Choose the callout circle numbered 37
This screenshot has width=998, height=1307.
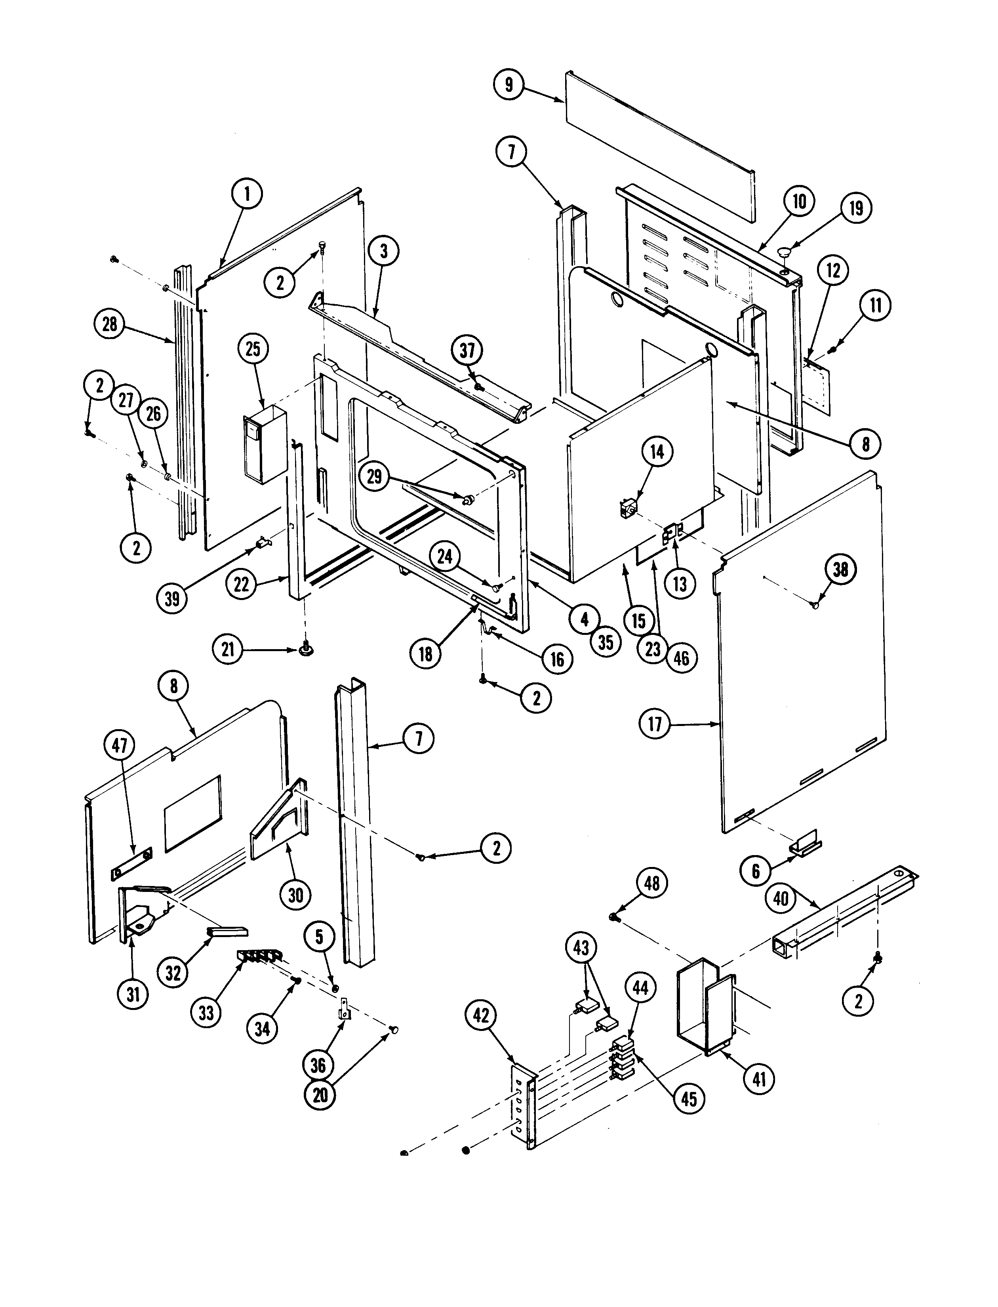coord(467,351)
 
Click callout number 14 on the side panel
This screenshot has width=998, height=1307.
coord(657,452)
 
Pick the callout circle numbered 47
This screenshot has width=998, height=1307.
coord(120,745)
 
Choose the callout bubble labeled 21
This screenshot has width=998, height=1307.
coord(228,650)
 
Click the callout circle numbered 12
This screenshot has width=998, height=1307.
coord(833,271)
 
